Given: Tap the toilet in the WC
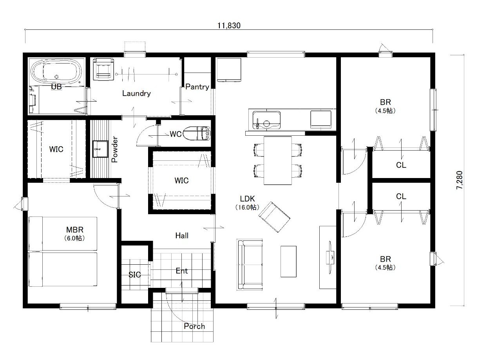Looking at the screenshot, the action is pyautogui.click(x=197, y=133).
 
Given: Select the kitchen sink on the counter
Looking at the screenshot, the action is pyautogui.click(x=266, y=120).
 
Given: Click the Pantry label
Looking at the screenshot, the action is pyautogui.click(x=197, y=87).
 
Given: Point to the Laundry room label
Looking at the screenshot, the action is pyautogui.click(x=136, y=93).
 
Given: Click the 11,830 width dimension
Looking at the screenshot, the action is pyautogui.click(x=229, y=26).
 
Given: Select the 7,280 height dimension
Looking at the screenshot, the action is pyautogui.click(x=459, y=180).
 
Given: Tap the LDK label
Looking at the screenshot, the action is pyautogui.click(x=247, y=199).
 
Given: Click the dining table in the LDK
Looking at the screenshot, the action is pyautogui.click(x=278, y=161).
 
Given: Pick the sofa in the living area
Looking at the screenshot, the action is pyautogui.click(x=250, y=265).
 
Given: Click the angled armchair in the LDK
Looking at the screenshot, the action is pyautogui.click(x=274, y=217).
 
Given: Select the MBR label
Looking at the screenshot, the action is pyautogui.click(x=75, y=230).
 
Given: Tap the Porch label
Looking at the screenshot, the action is pyautogui.click(x=194, y=326).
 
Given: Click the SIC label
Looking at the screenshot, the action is pyautogui.click(x=135, y=275).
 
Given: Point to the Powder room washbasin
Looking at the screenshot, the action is pyautogui.click(x=100, y=149).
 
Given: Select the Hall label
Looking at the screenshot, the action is pyautogui.click(x=182, y=236).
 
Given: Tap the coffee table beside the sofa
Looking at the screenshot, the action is pyautogui.click(x=288, y=262).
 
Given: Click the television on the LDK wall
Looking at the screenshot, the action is pyautogui.click(x=330, y=257).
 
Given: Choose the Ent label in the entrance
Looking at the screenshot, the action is pyautogui.click(x=182, y=271).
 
